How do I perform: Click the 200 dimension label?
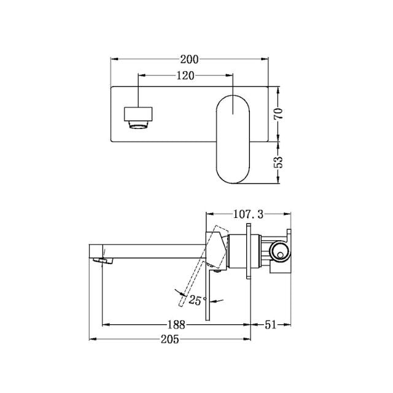(189, 60)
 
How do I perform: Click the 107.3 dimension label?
(248, 214)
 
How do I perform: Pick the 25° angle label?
(198, 300)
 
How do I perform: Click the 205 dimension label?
(169, 340)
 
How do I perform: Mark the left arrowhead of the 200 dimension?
(113, 60)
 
